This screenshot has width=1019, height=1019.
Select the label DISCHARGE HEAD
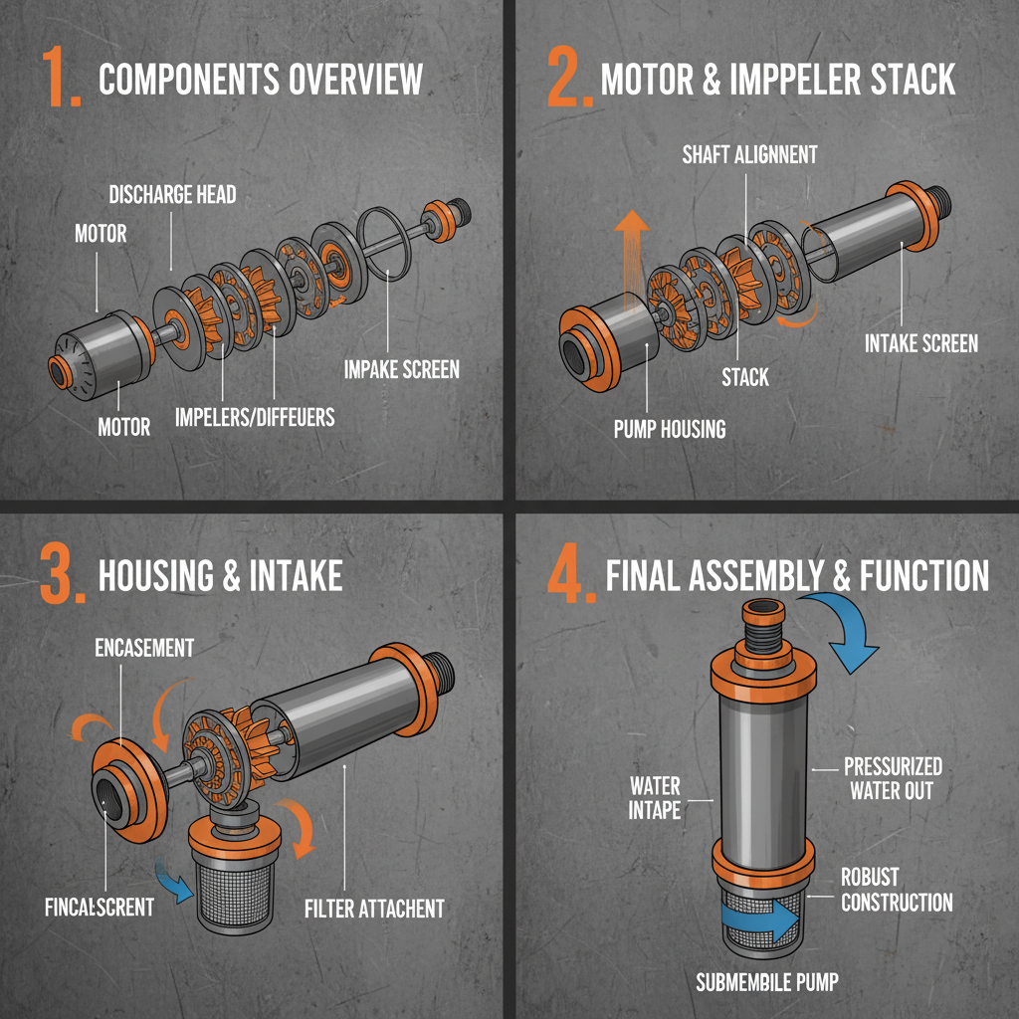point(172,194)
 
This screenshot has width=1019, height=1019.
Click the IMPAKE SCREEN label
point(402,369)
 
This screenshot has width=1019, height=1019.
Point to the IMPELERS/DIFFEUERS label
point(255,416)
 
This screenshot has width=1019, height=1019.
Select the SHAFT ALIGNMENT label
point(749,154)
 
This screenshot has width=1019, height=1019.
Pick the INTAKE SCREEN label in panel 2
point(920,343)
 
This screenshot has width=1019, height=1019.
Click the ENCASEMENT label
point(144,648)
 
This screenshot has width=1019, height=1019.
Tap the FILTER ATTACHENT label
point(373,908)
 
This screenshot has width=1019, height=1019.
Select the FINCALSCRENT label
point(99,908)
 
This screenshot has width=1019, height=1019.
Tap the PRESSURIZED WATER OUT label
point(893,778)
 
